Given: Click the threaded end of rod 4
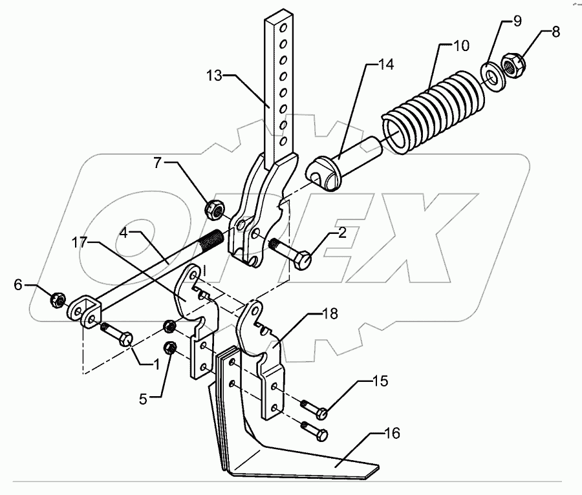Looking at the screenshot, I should coord(211,242).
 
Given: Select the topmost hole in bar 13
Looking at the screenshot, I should coord(281,28).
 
